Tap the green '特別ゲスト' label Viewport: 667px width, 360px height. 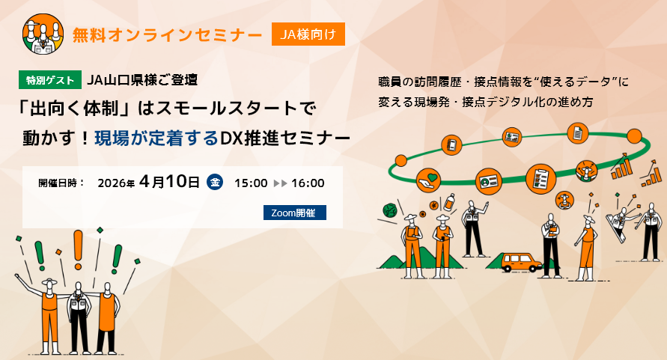click(50, 79)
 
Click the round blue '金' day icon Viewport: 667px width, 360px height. click(215, 182)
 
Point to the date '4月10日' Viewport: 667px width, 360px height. click(169, 182)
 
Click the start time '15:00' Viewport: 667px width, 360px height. click(251, 183)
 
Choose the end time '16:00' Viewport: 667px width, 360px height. click(307, 183)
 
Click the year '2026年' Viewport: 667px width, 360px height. click(116, 183)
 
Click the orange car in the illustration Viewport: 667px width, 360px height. click(521, 261)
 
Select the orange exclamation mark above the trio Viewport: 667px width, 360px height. click(77, 249)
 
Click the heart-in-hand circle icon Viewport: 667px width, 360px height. click(428, 180)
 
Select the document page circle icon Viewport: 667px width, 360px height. click(578, 134)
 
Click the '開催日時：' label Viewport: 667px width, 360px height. click(61, 183)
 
